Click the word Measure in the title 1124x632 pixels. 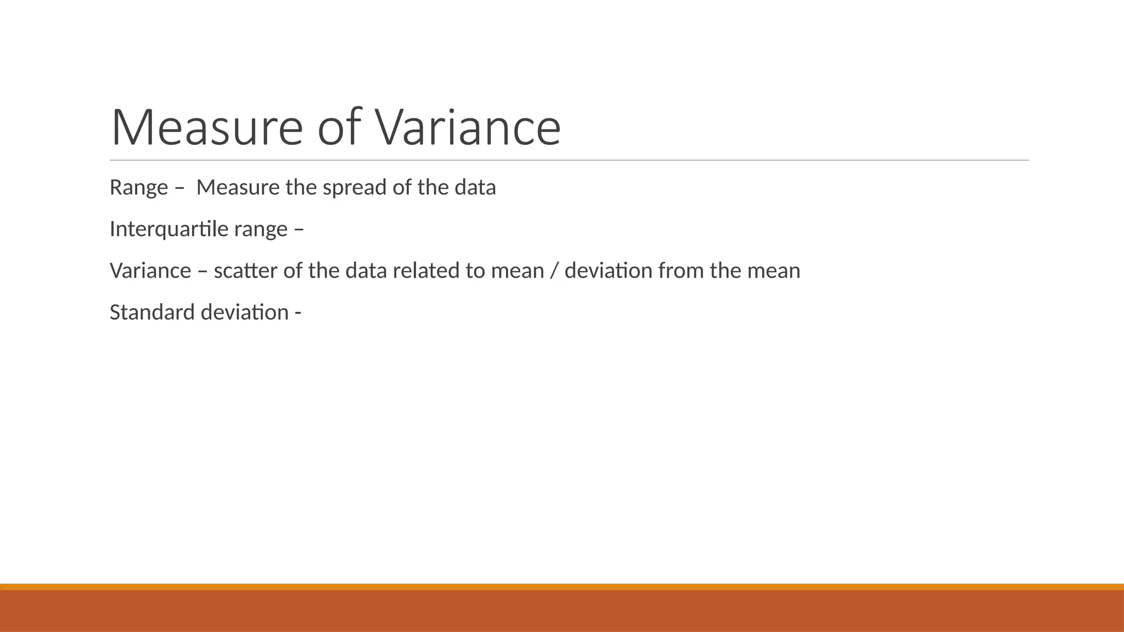point(206,127)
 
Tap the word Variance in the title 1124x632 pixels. point(468,127)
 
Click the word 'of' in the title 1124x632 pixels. point(339,127)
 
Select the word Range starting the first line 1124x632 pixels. point(139,188)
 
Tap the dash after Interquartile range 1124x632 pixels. point(299,229)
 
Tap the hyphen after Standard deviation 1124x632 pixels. point(298,313)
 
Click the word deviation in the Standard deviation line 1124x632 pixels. point(245,313)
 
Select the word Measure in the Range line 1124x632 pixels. point(238,188)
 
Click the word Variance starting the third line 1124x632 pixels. point(150,271)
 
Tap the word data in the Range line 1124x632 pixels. point(475,188)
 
